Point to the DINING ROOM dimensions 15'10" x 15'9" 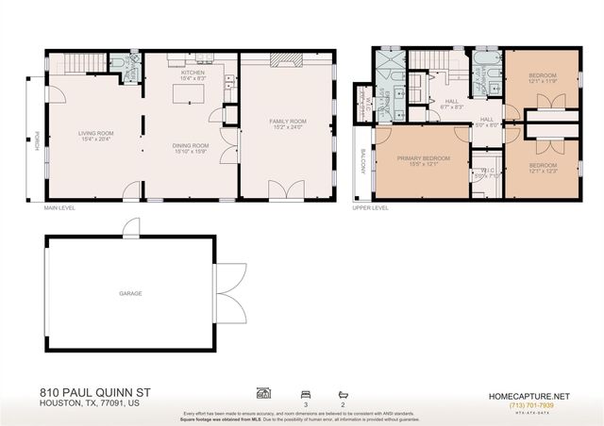point(191,149)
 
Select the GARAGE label point(130,293)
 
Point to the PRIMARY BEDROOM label point(423,158)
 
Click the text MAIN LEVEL point(59,208)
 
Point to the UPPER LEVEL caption point(369,208)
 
